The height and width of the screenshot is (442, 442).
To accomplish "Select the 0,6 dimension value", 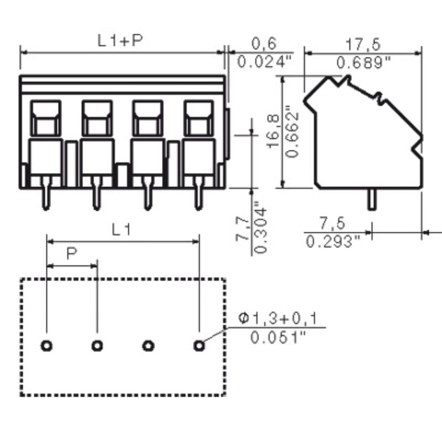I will point(264,44).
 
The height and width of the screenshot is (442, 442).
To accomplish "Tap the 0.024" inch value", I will point(264,61).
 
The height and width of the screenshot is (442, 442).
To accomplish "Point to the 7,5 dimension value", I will point(333,223).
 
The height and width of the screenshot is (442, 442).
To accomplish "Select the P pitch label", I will point(72,254).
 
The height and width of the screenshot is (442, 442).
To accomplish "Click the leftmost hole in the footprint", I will point(47,346).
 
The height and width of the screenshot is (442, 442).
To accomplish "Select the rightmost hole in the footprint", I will point(199,346).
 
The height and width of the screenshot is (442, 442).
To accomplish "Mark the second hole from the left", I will point(97,346).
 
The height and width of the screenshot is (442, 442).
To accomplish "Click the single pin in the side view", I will point(372,199).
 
